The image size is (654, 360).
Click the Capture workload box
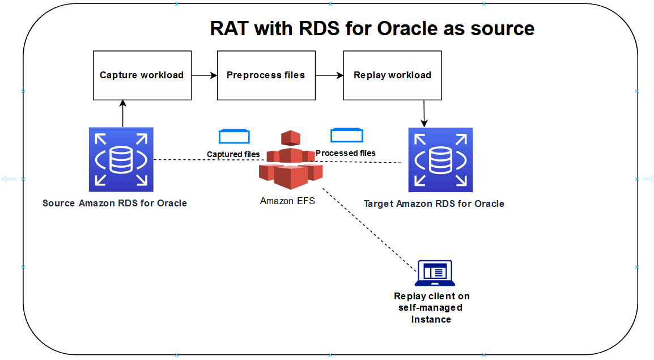pos(142,75)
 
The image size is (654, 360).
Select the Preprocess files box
pos(266,75)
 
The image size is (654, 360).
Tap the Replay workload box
pos(392,75)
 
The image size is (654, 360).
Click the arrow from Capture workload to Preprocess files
pos(205,75)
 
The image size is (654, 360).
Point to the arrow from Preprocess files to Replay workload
pos(329,75)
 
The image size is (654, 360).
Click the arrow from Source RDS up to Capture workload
pos(122,113)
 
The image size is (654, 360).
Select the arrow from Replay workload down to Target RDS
pos(424,113)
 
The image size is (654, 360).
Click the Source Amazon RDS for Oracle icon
pos(121,159)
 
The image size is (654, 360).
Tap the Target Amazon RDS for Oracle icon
pos(440,160)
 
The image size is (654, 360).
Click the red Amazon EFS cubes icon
pos(291,160)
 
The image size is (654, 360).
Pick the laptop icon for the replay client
pos(435,273)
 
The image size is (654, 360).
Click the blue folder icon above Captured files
pos(234,137)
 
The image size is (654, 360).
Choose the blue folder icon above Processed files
pos(347,135)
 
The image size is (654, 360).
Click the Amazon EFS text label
pos(287,201)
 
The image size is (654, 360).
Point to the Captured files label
pos(233,154)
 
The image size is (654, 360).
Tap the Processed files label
pos(345,153)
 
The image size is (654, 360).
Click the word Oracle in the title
pos(407,29)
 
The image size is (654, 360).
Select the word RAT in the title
pos(230,29)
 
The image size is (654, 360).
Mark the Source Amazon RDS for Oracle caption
pos(114,203)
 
